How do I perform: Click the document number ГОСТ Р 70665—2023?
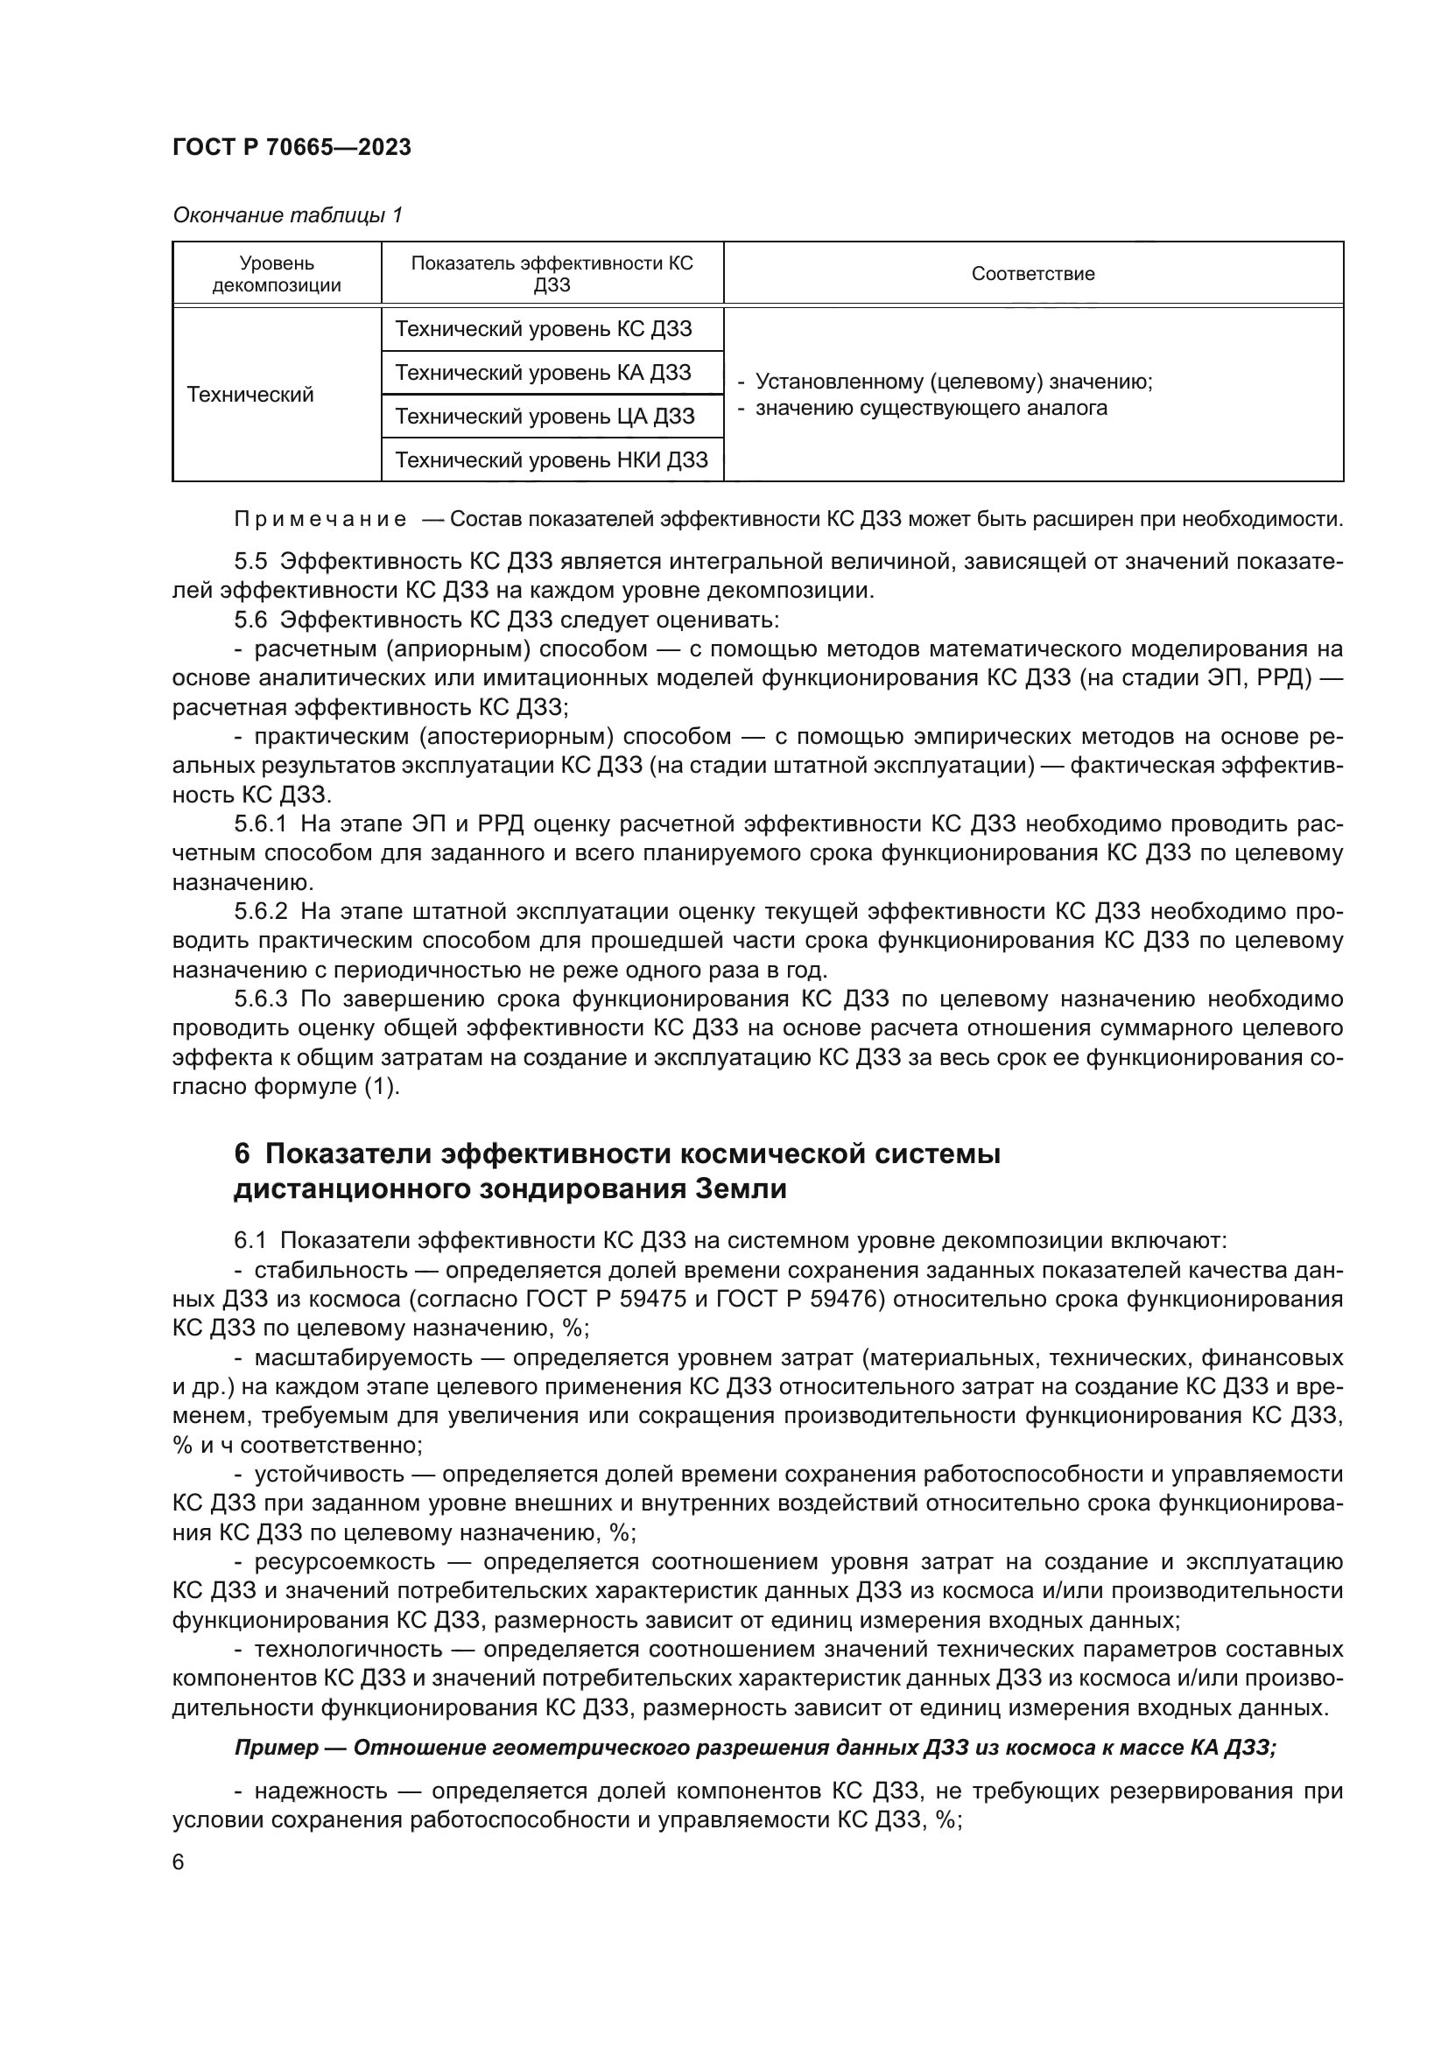pos(292,147)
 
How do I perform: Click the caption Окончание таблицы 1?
pos(287,215)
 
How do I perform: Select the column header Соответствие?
pos(1032,274)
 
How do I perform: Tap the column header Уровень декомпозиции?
pos(277,274)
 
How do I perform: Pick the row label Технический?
pos(250,394)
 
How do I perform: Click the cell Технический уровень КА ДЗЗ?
pos(542,372)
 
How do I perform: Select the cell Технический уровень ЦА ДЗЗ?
pos(544,416)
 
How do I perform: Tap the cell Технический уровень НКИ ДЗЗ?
pos(551,459)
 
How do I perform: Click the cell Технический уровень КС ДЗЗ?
pos(542,328)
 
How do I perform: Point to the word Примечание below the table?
pos(320,519)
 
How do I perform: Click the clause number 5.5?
pos(250,561)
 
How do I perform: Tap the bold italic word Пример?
pos(276,1747)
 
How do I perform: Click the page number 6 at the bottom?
pos(179,1862)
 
